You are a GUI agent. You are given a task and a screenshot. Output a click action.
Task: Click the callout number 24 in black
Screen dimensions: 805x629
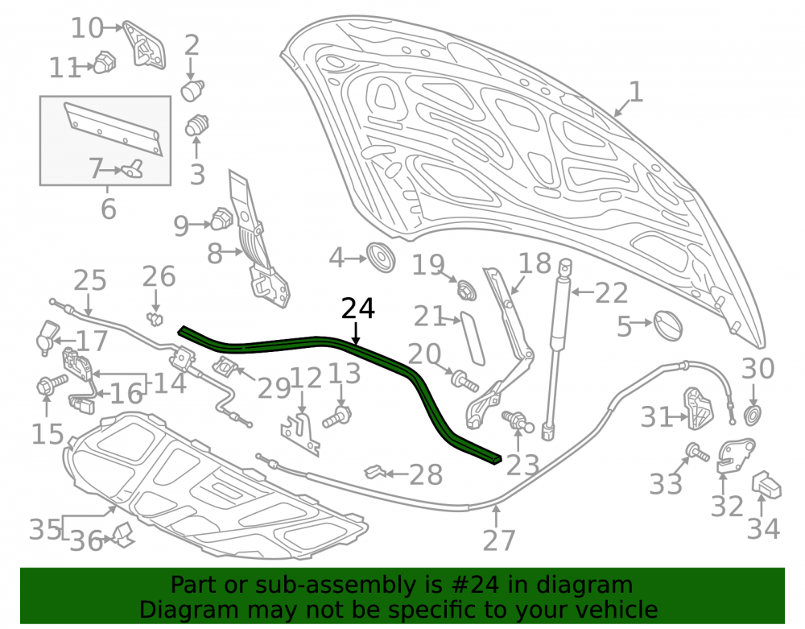(x=358, y=309)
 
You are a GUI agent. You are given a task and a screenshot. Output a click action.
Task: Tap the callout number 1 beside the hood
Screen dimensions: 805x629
(x=636, y=93)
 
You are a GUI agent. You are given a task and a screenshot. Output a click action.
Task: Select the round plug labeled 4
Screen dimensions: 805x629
(x=381, y=257)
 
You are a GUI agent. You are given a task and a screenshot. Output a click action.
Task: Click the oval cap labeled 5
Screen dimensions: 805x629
(x=668, y=325)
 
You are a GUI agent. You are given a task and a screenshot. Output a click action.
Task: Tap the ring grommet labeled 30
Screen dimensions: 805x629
(x=752, y=415)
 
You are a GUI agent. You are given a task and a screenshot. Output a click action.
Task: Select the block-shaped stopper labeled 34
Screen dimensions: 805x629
(x=766, y=485)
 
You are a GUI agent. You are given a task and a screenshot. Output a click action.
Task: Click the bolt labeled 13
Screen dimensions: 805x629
(x=337, y=416)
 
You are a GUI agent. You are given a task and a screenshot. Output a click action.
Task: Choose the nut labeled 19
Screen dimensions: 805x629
(x=467, y=290)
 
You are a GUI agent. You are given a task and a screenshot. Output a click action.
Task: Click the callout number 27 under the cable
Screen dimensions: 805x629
(x=498, y=540)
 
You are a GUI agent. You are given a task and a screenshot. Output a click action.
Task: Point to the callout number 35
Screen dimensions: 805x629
(x=44, y=529)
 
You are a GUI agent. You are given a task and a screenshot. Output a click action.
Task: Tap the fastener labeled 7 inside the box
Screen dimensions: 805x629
(x=132, y=169)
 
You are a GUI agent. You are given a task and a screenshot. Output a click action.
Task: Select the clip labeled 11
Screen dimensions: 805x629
(x=105, y=62)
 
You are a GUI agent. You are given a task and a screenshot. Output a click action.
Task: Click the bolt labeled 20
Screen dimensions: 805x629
(x=464, y=380)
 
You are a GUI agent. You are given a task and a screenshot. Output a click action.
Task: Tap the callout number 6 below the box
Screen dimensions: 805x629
(x=109, y=209)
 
